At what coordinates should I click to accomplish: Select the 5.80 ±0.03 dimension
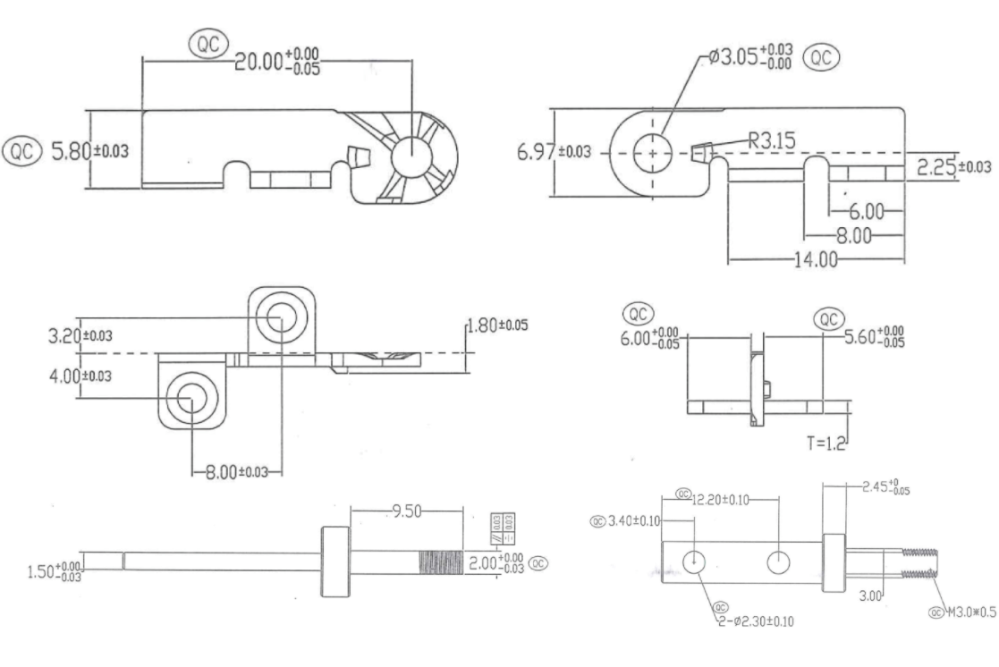point(88,151)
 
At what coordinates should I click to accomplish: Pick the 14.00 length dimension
point(817,260)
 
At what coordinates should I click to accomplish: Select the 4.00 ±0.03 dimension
point(80,376)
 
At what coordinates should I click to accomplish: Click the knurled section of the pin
point(441,563)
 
